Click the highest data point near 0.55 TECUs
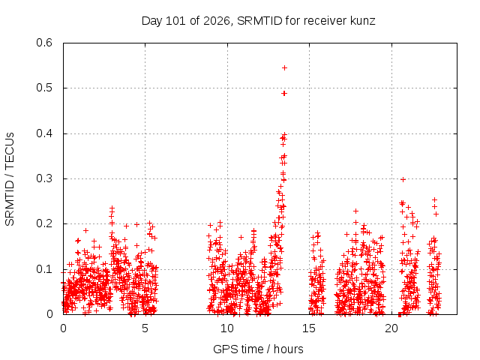click(x=284, y=68)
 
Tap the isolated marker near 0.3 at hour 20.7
click(x=403, y=180)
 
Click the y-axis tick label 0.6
click(x=44, y=43)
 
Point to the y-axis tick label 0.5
click(x=44, y=88)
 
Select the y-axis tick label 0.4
click(x=44, y=133)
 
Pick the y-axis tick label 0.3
click(x=44, y=178)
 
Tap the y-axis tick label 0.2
click(x=44, y=223)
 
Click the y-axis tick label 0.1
click(x=44, y=269)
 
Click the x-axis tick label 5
click(x=145, y=328)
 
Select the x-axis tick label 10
click(x=227, y=328)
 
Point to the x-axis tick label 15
click(x=309, y=328)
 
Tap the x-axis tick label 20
click(x=391, y=328)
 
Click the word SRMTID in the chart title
click(x=259, y=21)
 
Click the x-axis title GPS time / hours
click(x=258, y=349)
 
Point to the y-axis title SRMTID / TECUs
click(x=10, y=179)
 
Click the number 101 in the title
click(x=175, y=21)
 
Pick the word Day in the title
click(x=152, y=22)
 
